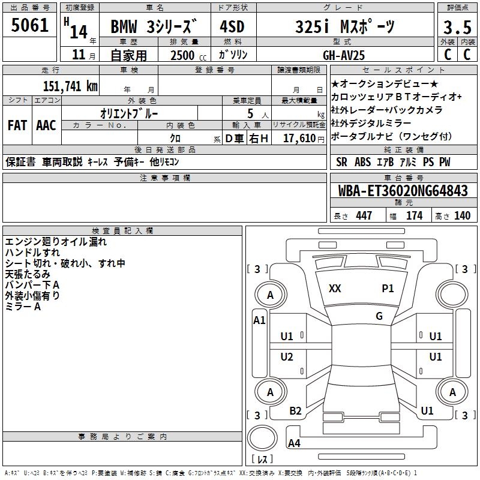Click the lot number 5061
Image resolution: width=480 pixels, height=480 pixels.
tap(30, 26)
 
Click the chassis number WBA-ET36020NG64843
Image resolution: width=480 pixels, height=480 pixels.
tap(403, 191)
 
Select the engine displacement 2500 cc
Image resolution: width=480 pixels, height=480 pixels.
tap(184, 55)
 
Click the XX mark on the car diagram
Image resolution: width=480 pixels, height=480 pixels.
tap(335, 289)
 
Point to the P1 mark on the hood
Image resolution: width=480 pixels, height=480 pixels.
tap(388, 289)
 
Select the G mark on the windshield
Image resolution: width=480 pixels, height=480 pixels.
tap(379, 316)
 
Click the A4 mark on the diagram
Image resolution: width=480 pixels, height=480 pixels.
tap(294, 443)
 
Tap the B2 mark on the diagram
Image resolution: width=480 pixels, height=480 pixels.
tap(295, 410)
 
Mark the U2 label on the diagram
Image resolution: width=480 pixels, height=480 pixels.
tap(287, 357)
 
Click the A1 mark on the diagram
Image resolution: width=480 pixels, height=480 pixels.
tap(259, 320)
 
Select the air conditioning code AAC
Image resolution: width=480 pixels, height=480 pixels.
tap(46, 125)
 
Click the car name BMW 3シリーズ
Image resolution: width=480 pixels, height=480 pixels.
tap(153, 27)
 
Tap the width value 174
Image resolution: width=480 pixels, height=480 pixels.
tap(414, 216)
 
